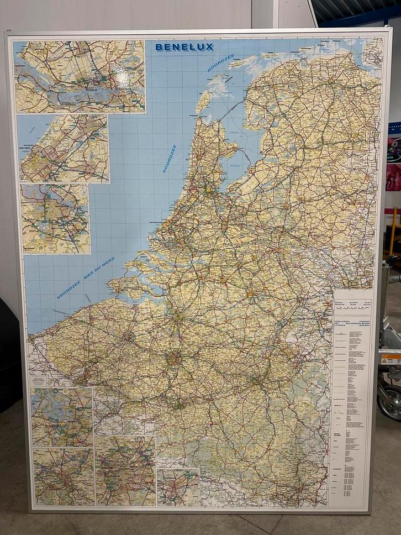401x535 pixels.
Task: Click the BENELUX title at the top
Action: click(184, 48)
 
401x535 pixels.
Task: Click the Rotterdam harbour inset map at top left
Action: click(80, 77)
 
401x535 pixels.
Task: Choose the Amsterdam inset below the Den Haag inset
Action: click(55, 219)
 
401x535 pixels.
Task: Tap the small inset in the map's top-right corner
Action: click(373, 52)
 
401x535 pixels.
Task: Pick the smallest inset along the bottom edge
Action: click(177, 487)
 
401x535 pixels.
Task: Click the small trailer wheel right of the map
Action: click(391, 401)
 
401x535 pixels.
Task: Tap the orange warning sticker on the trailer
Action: click(390, 360)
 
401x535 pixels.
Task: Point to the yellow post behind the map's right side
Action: click(393, 232)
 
